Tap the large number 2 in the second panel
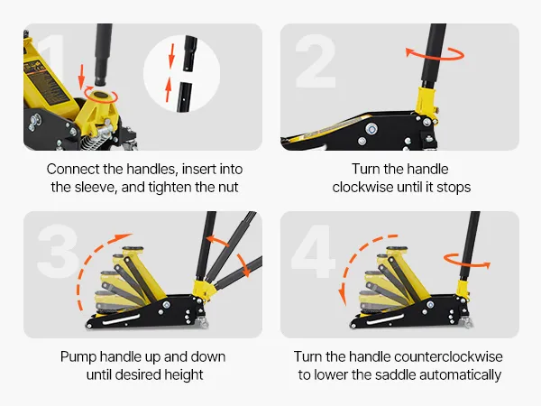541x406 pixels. pos(316,61)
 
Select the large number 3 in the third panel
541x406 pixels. pos(58,251)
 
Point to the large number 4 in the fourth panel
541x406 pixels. pos(313,252)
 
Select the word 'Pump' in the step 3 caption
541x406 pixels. pos(78,357)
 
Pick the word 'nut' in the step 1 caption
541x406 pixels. pos(228,188)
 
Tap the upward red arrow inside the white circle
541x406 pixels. pos(169,89)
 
